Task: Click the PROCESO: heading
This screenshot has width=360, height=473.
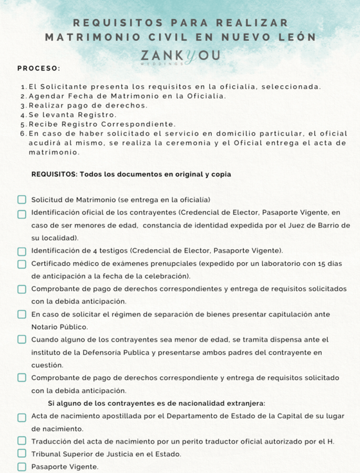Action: [38, 68]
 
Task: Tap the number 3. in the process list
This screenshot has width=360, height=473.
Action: [23, 105]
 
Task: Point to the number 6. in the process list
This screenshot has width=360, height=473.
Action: [23, 133]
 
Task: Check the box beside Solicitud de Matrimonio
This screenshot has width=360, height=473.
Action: [22, 200]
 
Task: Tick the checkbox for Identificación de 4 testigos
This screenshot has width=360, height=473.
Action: [22, 251]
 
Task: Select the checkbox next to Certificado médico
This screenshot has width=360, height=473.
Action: [22, 264]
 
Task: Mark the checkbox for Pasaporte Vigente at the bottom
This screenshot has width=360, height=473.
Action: [22, 466]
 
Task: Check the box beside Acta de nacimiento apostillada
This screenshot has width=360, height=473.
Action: [22, 417]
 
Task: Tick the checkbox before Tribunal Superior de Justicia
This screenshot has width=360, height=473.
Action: [22, 454]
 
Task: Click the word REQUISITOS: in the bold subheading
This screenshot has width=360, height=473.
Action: [54, 174]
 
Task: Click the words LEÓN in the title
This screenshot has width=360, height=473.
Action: [297, 37]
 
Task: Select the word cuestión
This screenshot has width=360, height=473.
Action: [47, 365]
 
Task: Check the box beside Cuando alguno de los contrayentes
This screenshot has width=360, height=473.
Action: [22, 340]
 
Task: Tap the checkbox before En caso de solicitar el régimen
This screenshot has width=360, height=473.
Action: [22, 314]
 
